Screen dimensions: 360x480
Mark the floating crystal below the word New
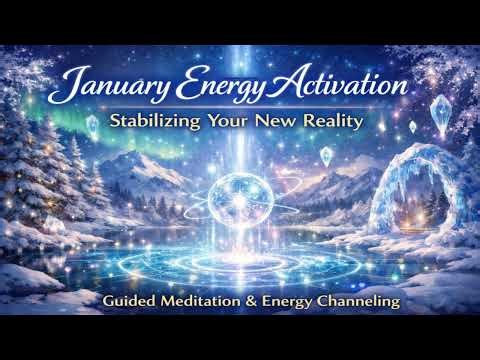pos(325,155)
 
